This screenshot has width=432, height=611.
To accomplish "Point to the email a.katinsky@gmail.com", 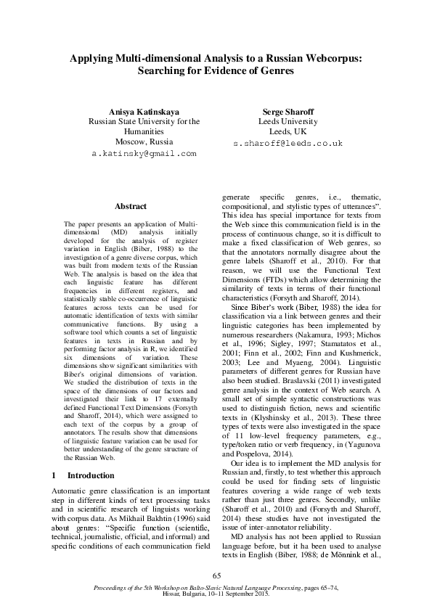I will pos(144,154).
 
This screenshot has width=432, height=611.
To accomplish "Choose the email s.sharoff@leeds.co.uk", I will pos(288,144).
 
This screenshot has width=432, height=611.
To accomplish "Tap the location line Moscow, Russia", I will pos(144,143).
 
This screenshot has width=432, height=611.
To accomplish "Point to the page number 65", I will pos(216,575).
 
